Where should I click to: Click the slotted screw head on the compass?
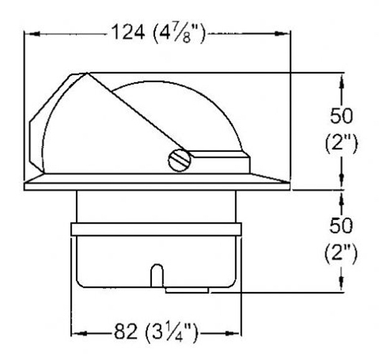(x=179, y=160)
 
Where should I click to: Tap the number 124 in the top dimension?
(x=129, y=32)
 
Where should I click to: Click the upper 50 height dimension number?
(x=341, y=116)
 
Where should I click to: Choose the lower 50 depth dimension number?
(x=341, y=225)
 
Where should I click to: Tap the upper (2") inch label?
(x=341, y=144)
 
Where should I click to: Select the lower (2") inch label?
(x=341, y=254)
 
